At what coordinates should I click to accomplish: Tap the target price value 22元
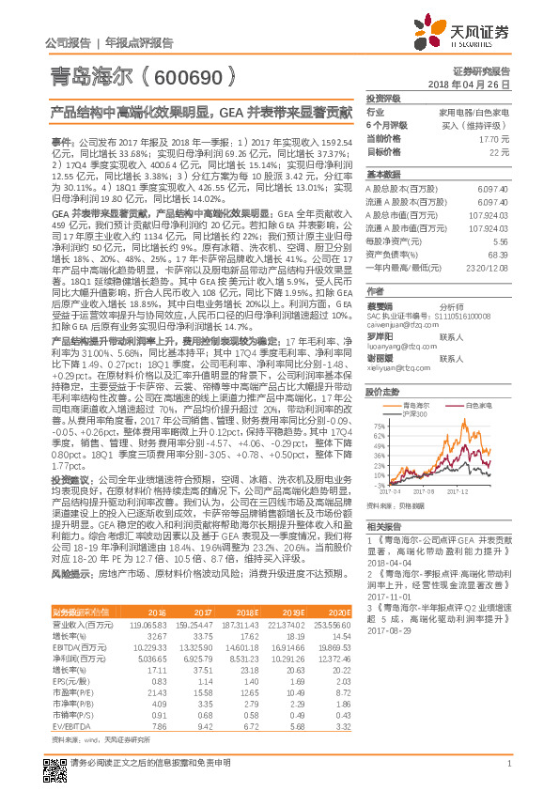[x=499, y=150]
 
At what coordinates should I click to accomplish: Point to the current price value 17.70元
[x=494, y=137]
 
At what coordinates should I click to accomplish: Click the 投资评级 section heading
[x=383, y=98]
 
